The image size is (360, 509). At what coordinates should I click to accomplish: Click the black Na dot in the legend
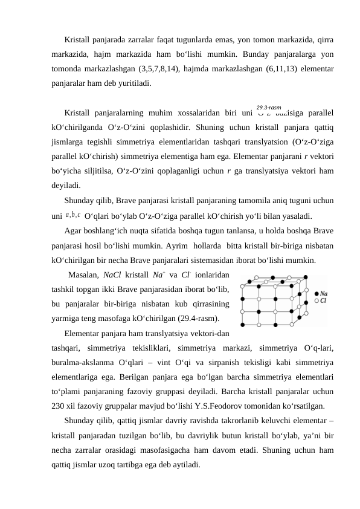click(317, 293)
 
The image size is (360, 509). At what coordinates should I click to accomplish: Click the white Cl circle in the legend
click(317, 300)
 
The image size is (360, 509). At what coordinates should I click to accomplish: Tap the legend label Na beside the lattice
click(325, 293)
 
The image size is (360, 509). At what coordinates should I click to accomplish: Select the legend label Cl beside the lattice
click(324, 300)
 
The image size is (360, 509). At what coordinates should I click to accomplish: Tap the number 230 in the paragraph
click(60, 406)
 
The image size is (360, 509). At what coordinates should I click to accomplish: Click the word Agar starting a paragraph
click(74, 230)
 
